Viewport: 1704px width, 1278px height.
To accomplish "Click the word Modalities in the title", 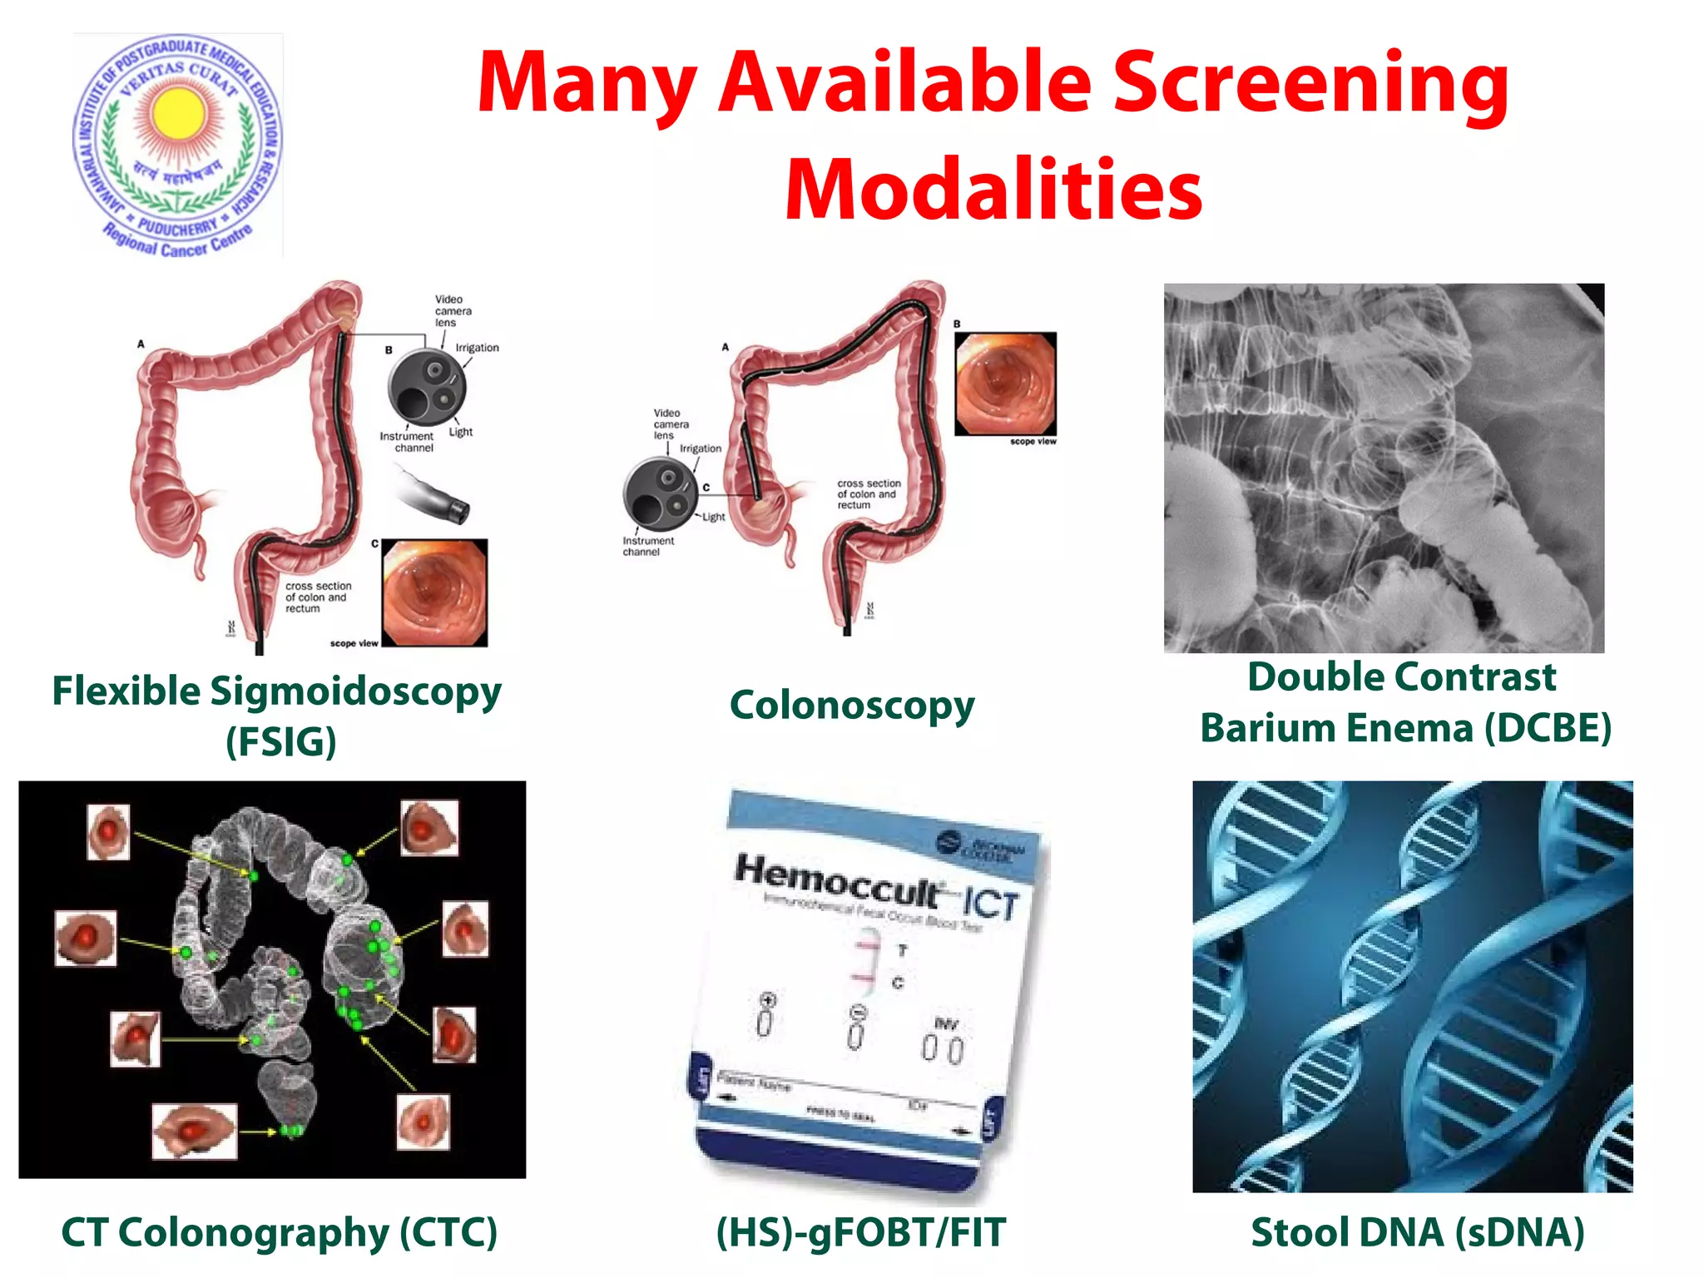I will [993, 190].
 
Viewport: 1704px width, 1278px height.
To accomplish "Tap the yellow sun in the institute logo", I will [176, 113].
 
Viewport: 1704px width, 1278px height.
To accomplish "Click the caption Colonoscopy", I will [851, 706].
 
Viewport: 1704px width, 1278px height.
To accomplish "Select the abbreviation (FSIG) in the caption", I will [281, 741].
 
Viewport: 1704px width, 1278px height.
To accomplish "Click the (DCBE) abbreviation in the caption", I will [1548, 728].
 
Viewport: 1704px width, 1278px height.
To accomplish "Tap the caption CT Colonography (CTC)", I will [279, 1232].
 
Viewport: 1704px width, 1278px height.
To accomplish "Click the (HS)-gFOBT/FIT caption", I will [860, 1232].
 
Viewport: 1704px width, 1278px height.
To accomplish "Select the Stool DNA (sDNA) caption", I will [1417, 1232].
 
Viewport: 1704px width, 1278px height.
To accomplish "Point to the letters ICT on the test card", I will [990, 904].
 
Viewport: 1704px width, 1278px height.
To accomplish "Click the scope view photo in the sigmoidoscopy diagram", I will [434, 592].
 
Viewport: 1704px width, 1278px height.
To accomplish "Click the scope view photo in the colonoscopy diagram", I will [1005, 384].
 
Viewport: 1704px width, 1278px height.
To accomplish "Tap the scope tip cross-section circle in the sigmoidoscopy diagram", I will [427, 388].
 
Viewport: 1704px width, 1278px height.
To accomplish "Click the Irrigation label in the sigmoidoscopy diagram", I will [477, 348].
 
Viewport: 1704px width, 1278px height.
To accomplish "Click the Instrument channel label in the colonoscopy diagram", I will [647, 546].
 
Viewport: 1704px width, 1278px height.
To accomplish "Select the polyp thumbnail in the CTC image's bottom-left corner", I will [195, 1131].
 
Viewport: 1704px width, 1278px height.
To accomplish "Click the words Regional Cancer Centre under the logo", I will [177, 240].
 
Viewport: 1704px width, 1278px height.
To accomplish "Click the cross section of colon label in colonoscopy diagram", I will [868, 494].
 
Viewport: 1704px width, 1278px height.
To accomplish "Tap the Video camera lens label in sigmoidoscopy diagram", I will [452, 310].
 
